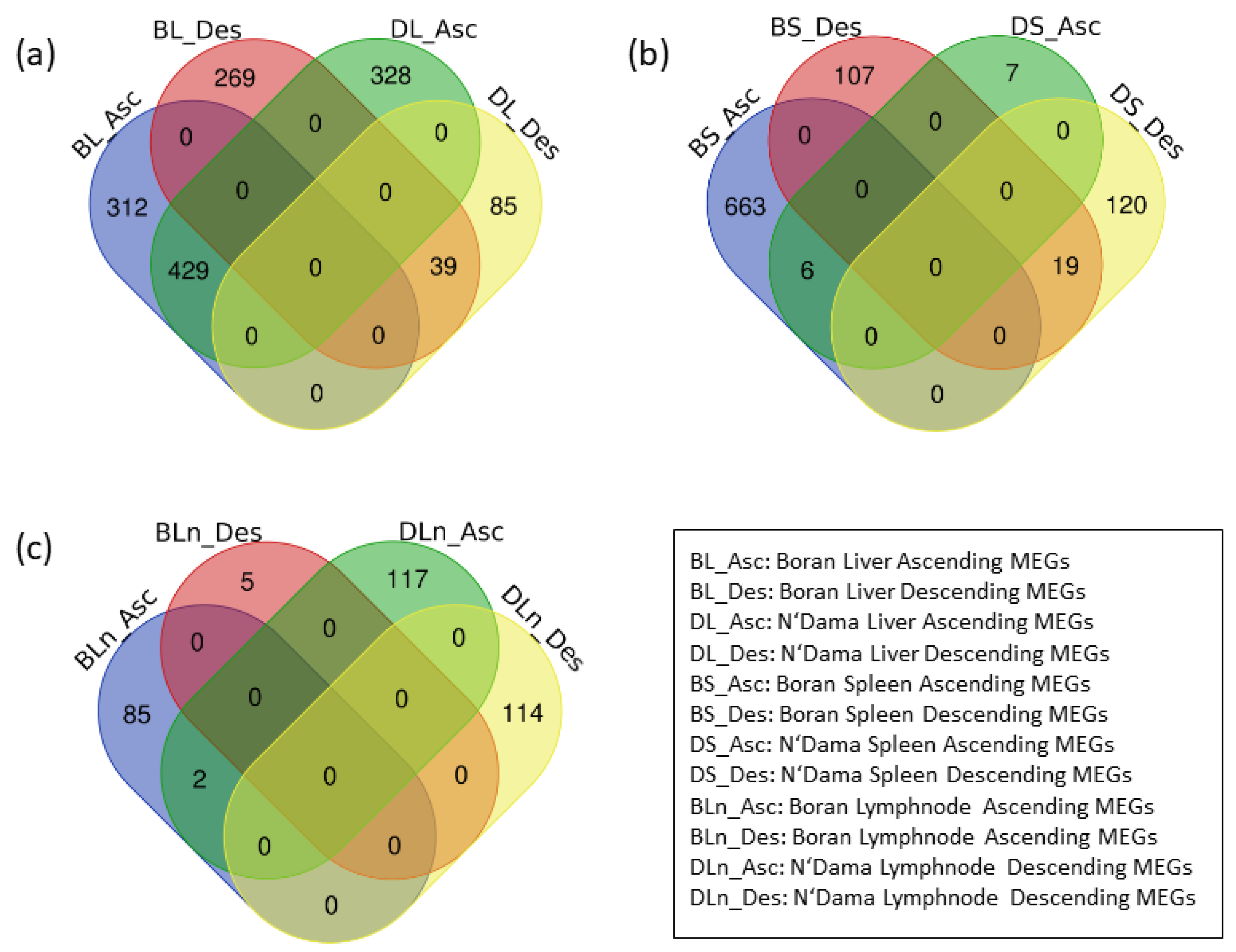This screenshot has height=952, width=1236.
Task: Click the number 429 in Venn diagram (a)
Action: tap(188, 270)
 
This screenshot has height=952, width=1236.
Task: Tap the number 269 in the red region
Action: tap(234, 78)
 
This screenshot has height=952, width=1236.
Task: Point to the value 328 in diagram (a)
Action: tap(391, 75)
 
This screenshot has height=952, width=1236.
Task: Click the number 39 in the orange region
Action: tap(443, 266)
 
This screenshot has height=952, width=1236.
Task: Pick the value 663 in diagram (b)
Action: tap(745, 206)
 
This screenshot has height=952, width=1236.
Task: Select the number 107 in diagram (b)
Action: tap(854, 75)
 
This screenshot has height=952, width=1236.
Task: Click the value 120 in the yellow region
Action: tap(1126, 205)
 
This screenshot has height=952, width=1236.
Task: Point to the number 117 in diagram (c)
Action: tap(407, 579)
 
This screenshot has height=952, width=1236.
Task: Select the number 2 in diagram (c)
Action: tap(199, 779)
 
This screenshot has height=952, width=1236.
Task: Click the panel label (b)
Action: tap(649, 55)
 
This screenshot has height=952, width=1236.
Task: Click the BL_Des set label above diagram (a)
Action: tap(197, 29)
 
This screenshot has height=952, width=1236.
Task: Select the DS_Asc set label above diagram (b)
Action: tap(1056, 26)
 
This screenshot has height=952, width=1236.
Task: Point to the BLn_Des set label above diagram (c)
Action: tap(208, 532)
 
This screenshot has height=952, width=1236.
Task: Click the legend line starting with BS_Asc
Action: tap(889, 684)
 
